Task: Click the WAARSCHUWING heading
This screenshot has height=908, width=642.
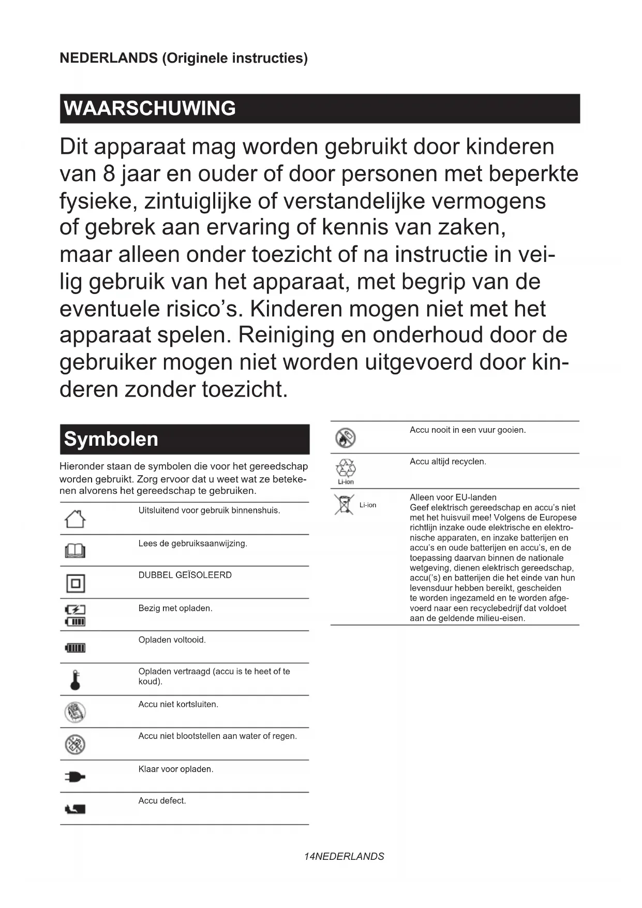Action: point(150,109)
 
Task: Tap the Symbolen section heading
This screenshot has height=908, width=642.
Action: point(111,440)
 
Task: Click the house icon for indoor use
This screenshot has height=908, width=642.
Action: point(75,519)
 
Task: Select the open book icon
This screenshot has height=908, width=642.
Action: point(75,551)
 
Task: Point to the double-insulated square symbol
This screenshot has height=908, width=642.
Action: point(76,583)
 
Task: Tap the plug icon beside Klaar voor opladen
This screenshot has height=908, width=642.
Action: point(75,777)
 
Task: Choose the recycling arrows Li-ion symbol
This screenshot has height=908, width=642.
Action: point(346,468)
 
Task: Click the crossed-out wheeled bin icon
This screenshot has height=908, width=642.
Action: point(343,505)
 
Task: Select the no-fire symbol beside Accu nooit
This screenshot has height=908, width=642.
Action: point(345,438)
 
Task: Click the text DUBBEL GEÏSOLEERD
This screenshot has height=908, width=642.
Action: point(185,575)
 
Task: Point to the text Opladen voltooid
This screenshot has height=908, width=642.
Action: point(172,640)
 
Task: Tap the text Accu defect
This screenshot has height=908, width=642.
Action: point(162,801)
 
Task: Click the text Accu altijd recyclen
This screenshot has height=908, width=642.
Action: point(447,462)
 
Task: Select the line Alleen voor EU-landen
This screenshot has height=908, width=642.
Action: point(453,497)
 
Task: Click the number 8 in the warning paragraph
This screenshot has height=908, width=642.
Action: point(109,174)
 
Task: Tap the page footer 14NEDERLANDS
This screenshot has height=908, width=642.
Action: point(344,856)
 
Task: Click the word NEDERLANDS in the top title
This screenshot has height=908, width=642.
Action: point(109,58)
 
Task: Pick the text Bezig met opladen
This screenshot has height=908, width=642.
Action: point(175,608)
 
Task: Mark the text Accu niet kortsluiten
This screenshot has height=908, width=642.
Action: point(178,705)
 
